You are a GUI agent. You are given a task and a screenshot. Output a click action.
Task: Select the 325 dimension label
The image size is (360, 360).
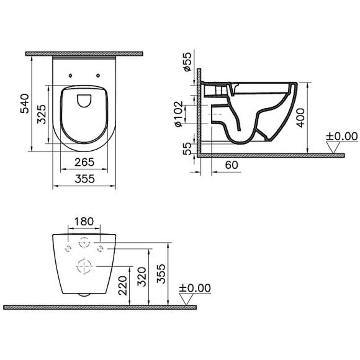(x=41, y=114)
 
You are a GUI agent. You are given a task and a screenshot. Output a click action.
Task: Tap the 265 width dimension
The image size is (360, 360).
(x=83, y=163)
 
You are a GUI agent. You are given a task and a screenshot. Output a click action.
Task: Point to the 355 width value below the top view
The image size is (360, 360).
(x=83, y=179)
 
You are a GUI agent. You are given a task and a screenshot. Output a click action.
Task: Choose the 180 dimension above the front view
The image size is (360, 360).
(x=84, y=222)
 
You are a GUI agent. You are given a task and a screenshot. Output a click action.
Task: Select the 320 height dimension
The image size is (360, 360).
(x=142, y=277)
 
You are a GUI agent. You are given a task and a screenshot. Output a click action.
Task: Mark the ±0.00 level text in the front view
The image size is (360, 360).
(x=195, y=289)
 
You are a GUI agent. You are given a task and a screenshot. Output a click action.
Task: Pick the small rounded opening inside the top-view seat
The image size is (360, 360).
(x=83, y=99)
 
